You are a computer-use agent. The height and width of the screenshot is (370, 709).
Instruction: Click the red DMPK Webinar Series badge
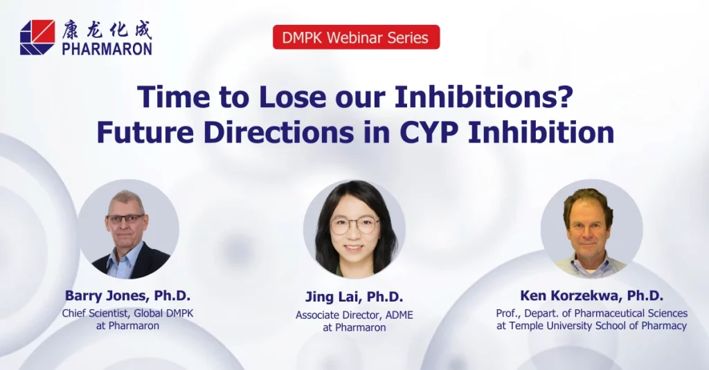pos(357,37)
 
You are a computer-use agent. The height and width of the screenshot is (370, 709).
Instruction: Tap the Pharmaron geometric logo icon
pos(37,37)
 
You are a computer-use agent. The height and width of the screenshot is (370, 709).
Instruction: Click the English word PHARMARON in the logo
pos(107,48)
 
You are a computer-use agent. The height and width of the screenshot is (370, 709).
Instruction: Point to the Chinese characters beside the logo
pos(107,30)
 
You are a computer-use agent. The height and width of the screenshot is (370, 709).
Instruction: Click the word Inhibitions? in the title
pos(484,97)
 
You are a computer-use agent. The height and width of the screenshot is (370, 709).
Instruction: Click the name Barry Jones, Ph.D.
pos(127,295)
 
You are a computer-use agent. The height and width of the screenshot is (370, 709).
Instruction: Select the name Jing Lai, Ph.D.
pos(354,297)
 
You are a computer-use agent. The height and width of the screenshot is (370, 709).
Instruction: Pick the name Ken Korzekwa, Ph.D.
pos(591,295)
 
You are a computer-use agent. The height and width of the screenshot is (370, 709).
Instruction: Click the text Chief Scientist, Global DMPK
pos(127,313)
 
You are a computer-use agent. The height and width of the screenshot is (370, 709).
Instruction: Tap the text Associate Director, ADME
pos(354,315)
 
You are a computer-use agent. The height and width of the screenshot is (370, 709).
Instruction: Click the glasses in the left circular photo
pos(126,219)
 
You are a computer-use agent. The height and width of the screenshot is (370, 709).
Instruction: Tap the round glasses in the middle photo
pos(354,225)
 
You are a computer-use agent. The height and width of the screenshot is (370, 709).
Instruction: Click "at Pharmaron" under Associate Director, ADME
pos(354,328)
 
